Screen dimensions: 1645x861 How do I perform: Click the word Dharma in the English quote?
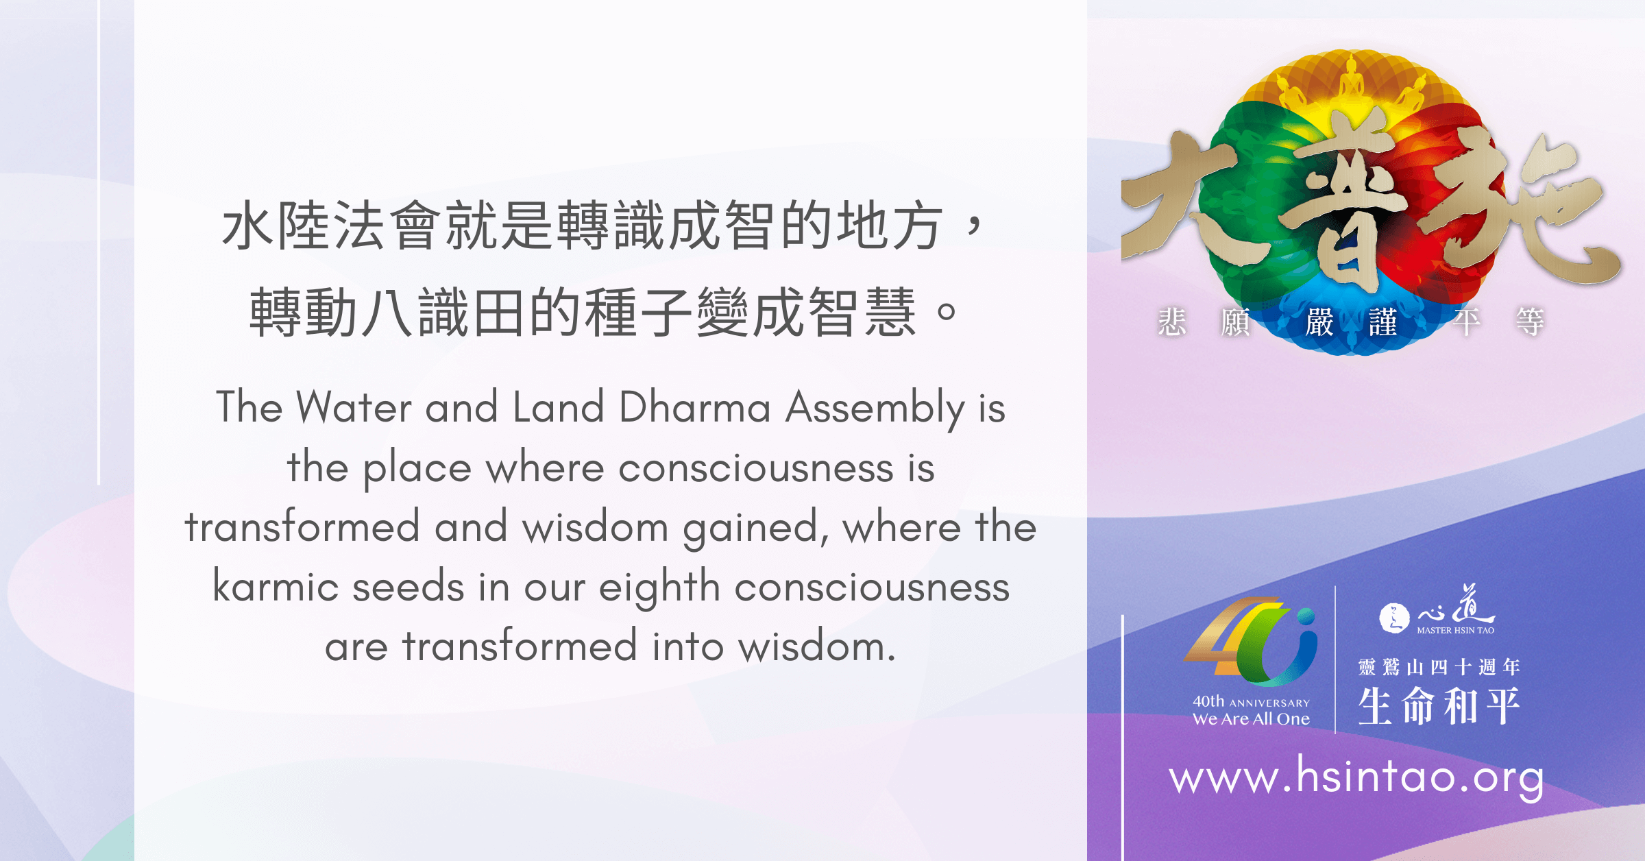point(695,407)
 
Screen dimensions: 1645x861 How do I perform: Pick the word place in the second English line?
point(417,469)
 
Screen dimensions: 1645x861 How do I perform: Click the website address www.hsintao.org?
point(1356,777)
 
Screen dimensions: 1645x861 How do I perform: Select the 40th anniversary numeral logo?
point(1250,642)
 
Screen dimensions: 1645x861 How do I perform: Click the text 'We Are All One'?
point(1251,719)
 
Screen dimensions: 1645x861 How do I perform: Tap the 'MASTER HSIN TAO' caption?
point(1455,630)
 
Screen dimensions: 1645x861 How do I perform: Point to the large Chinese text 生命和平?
point(1439,705)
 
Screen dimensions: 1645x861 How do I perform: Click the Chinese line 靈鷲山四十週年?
point(1439,666)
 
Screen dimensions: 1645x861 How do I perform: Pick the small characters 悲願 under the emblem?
point(1204,322)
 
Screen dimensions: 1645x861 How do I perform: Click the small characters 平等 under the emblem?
point(1498,322)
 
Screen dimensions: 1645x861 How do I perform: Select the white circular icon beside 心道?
point(1394,618)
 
